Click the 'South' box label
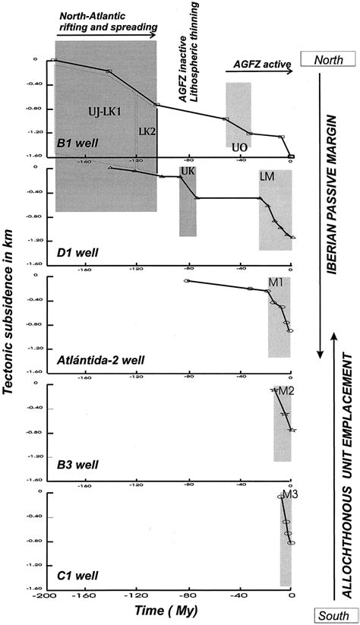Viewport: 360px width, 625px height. [329, 616]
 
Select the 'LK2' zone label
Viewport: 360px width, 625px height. [146, 131]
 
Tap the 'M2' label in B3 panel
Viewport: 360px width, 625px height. [286, 390]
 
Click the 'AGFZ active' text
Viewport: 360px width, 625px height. [257, 66]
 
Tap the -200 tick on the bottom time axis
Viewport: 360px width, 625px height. [50, 594]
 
